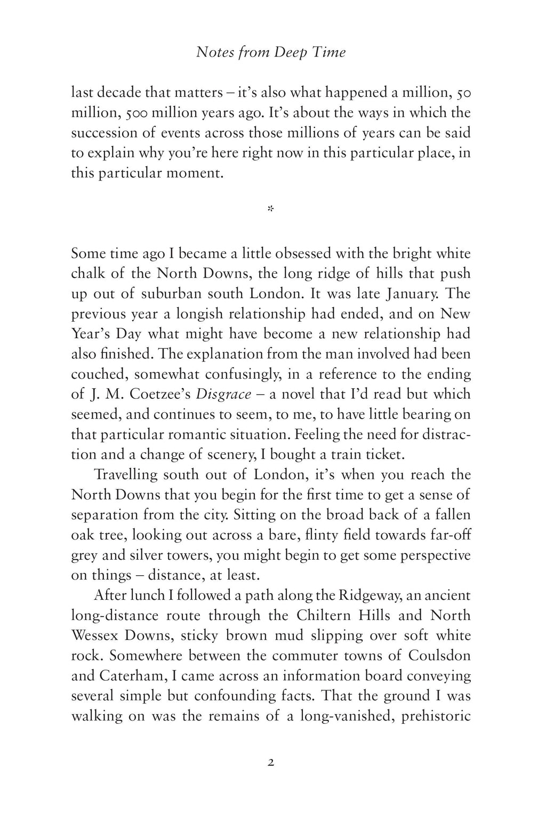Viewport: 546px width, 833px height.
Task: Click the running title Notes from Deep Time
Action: (271, 52)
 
